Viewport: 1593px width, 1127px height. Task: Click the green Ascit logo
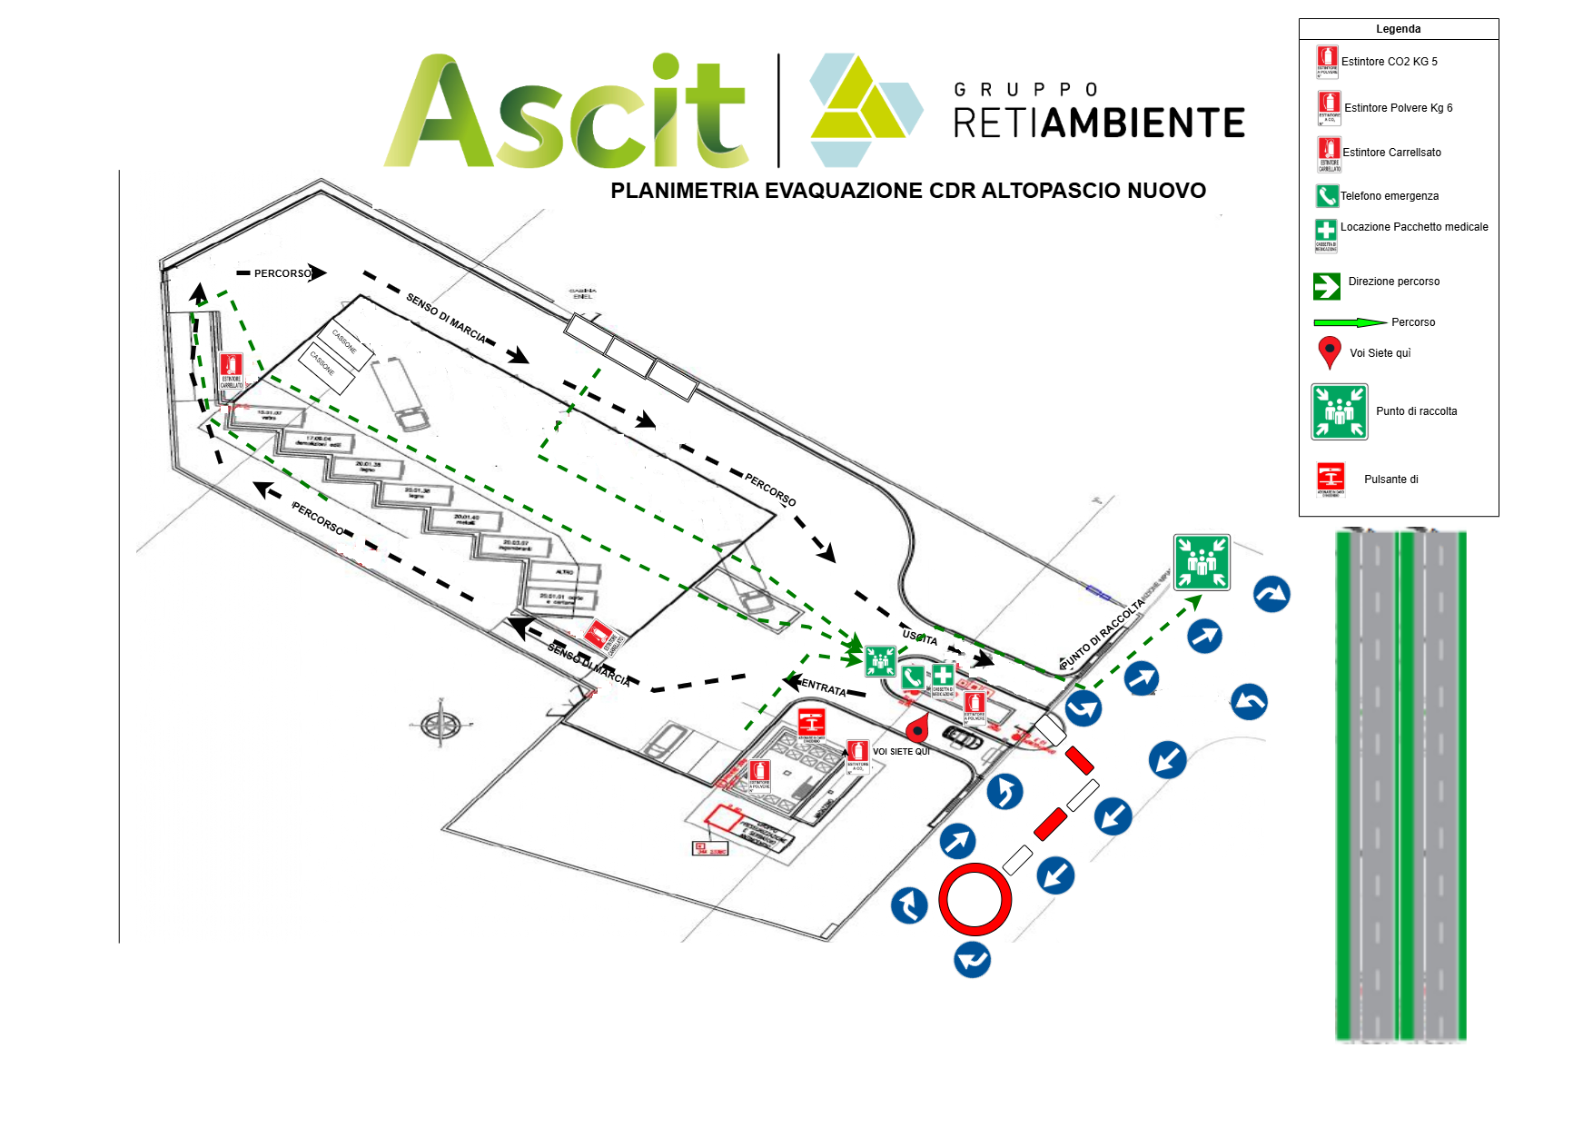coord(565,113)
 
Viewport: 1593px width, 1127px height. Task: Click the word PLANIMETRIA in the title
coord(685,191)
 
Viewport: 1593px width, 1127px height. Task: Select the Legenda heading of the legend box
coord(1398,29)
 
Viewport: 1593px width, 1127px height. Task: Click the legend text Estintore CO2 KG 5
coord(1389,62)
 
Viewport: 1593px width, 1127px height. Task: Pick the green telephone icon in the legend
coord(1327,195)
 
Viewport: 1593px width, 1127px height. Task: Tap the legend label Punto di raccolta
coord(1416,411)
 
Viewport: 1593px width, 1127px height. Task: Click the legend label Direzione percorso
coord(1393,282)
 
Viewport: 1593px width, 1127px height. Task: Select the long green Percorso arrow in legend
coord(1350,322)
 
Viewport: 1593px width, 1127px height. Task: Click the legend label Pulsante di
coord(1390,479)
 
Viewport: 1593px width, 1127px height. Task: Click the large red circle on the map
coord(975,899)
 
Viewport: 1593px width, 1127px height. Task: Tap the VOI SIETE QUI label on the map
coord(901,752)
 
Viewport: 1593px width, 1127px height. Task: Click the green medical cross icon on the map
coord(943,676)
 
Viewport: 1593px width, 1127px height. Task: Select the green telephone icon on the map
coord(913,677)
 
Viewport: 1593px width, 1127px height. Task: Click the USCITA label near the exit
coord(919,638)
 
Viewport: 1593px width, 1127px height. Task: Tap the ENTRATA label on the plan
coord(824,687)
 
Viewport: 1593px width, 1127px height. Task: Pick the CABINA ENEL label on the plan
coord(582,294)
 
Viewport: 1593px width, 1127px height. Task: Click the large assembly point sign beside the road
coord(1202,562)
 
